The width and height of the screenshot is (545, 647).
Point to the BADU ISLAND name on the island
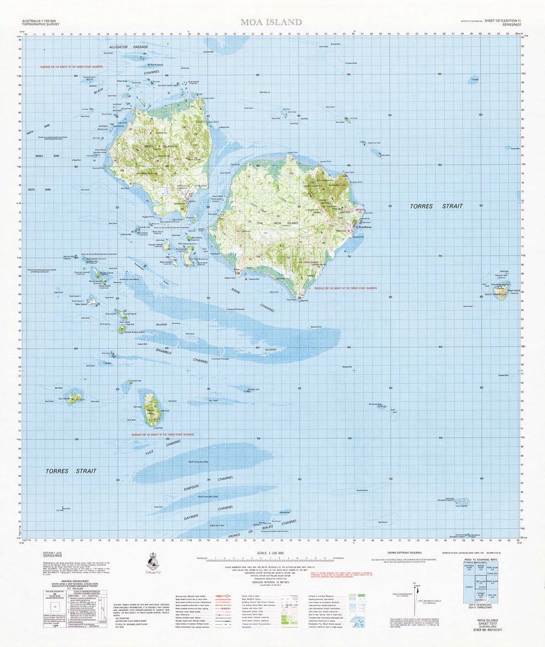157,146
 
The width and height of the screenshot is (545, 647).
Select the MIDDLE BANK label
39,155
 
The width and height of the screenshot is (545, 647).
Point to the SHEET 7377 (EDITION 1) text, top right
498,21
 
